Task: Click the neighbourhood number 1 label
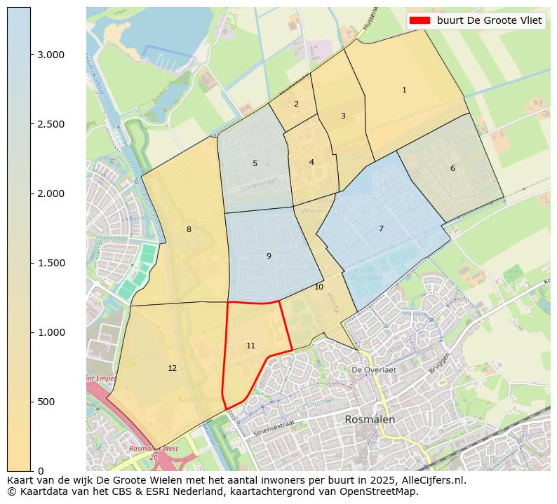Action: tap(404, 90)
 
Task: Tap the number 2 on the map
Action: tap(296, 104)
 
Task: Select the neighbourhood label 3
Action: tap(343, 116)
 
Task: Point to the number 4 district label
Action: tap(311, 162)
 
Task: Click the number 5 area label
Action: tap(255, 163)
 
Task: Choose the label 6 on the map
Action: tap(452, 168)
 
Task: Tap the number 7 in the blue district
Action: tap(381, 229)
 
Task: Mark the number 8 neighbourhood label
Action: tap(189, 229)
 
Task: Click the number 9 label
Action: tap(269, 256)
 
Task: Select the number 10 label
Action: tap(318, 287)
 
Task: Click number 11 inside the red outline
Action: tap(250, 346)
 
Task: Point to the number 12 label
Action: tap(172, 368)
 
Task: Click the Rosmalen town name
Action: tap(370, 419)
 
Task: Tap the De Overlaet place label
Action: tap(374, 369)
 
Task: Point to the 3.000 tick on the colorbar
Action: tap(51, 55)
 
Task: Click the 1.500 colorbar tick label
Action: tap(51, 263)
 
